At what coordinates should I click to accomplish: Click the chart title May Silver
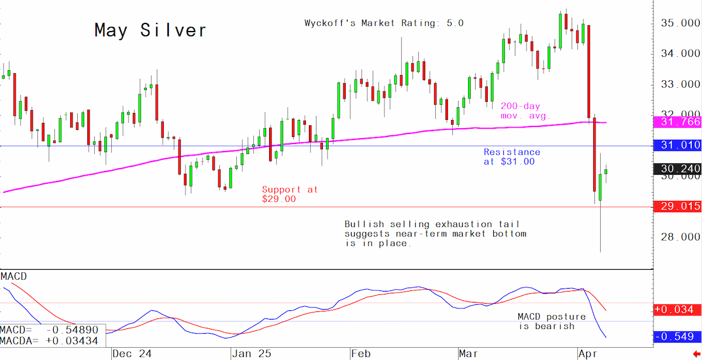(x=150, y=30)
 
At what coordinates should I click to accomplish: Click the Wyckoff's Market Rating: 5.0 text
(x=384, y=23)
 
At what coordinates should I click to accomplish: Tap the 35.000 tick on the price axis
(x=680, y=23)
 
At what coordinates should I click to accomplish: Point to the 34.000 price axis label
(x=680, y=53)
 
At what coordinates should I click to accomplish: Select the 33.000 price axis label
(x=680, y=84)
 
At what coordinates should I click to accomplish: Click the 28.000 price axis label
(x=680, y=236)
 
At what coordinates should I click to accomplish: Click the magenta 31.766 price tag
(x=677, y=122)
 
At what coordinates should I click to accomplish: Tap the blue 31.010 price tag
(x=677, y=145)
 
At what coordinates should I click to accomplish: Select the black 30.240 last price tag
(x=677, y=169)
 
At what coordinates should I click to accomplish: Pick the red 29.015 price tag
(x=677, y=206)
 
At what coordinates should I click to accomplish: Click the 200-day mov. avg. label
(x=525, y=111)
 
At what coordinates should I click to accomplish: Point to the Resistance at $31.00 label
(x=512, y=157)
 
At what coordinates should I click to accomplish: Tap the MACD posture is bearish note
(x=552, y=321)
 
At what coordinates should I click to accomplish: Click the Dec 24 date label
(x=132, y=354)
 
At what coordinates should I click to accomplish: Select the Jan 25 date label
(x=252, y=354)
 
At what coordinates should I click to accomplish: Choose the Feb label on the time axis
(x=361, y=354)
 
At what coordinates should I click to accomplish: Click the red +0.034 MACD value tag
(x=677, y=310)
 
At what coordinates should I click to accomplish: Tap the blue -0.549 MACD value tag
(x=677, y=337)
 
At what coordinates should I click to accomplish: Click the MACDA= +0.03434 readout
(x=49, y=341)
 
